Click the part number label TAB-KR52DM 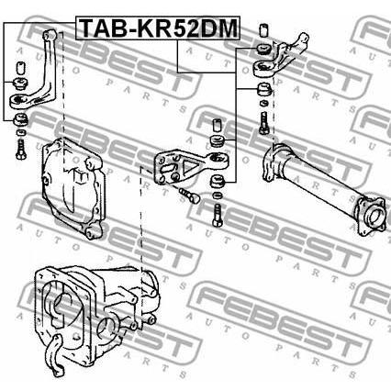(x=158, y=28)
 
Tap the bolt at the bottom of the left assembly (x=21, y=150)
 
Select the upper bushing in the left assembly (x=20, y=84)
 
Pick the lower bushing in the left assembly (x=21, y=118)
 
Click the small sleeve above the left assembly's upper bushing (x=20, y=68)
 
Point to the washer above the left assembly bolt (x=21, y=132)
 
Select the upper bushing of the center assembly (x=218, y=140)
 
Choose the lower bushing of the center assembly (x=218, y=181)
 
